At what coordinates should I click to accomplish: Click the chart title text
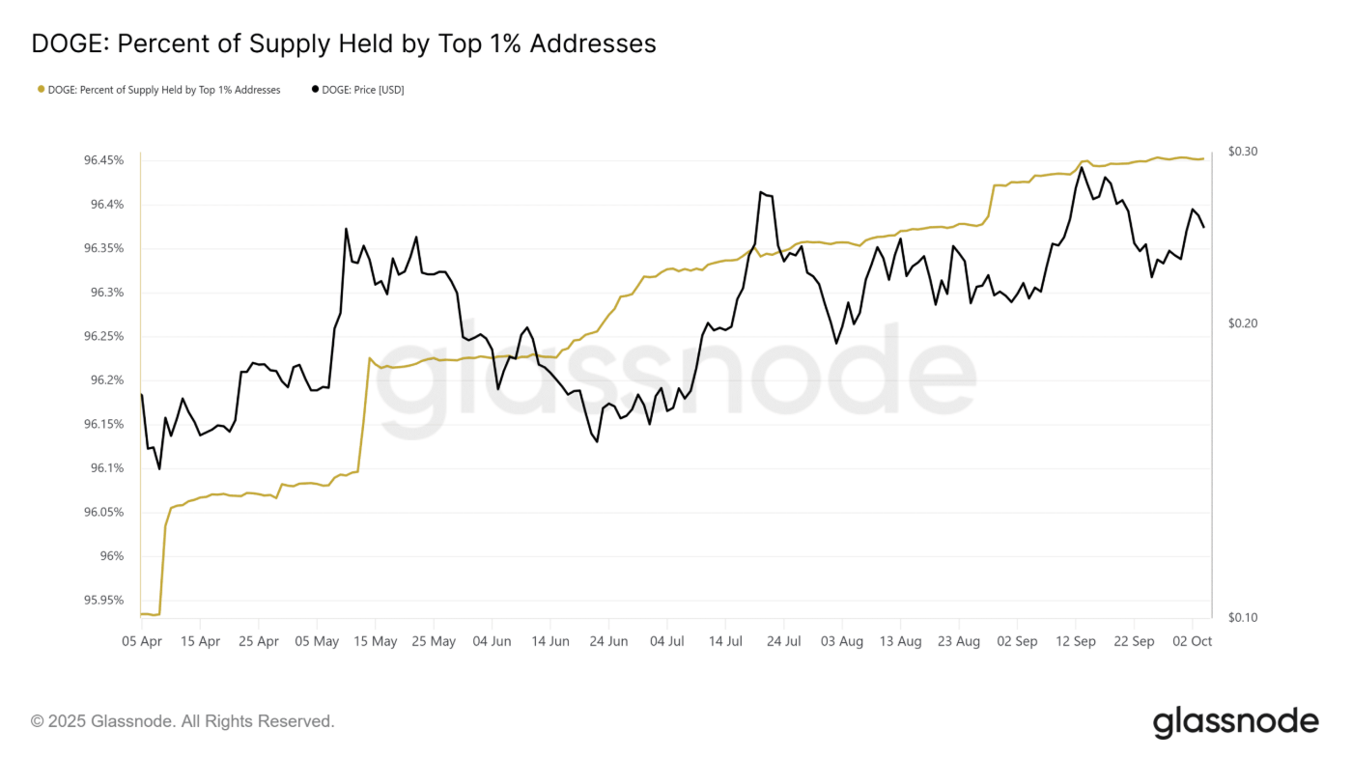[x=344, y=43]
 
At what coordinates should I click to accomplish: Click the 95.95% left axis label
[x=103, y=600]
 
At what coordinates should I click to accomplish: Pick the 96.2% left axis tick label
[x=106, y=380]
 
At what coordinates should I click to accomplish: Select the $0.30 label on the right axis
[x=1243, y=152]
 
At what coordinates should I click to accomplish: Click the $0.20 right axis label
[x=1243, y=323]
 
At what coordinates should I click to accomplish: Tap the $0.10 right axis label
[x=1243, y=617]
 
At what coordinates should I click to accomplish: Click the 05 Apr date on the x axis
[x=142, y=641]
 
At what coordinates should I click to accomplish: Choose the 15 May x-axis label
[x=376, y=641]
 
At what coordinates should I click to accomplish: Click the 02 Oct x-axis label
[x=1194, y=641]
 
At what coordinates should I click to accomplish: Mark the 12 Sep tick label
[x=1076, y=641]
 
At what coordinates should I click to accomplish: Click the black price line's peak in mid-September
[x=1082, y=167]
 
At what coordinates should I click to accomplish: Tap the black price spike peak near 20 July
[x=761, y=192]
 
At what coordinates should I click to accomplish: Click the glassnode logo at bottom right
[x=1235, y=722]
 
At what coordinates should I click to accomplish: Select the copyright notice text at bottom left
[x=183, y=721]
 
